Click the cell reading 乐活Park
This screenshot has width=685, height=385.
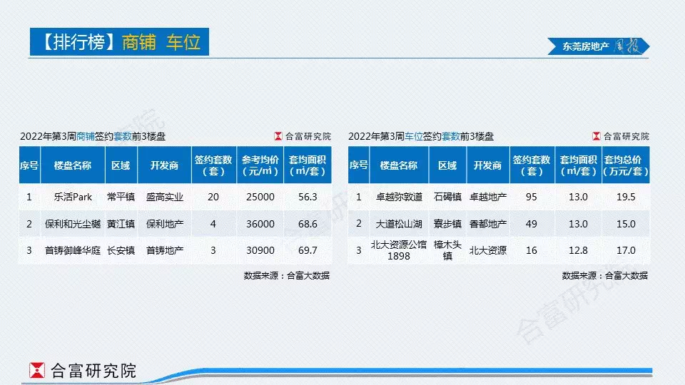73,197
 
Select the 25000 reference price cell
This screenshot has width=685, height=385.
260,197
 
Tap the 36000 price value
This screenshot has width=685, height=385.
260,224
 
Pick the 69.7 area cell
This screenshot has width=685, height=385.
308,250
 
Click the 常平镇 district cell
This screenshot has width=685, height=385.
121,197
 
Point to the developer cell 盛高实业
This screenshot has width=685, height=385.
164,197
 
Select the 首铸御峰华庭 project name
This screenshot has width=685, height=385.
73,250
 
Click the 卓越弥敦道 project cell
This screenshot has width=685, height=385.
399,197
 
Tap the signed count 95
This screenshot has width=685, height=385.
531,197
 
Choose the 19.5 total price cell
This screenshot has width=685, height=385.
626,197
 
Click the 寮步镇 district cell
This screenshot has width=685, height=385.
447,224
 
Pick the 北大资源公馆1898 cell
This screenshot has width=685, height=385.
399,250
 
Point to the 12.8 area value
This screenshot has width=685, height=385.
578,250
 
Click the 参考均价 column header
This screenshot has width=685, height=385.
260,165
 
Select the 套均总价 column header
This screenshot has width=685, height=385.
626,165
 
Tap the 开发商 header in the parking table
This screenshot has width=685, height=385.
487,165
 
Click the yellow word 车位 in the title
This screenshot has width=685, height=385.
183,42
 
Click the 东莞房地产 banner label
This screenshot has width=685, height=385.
585,46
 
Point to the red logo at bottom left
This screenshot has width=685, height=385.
37,370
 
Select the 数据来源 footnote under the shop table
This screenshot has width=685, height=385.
287,275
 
